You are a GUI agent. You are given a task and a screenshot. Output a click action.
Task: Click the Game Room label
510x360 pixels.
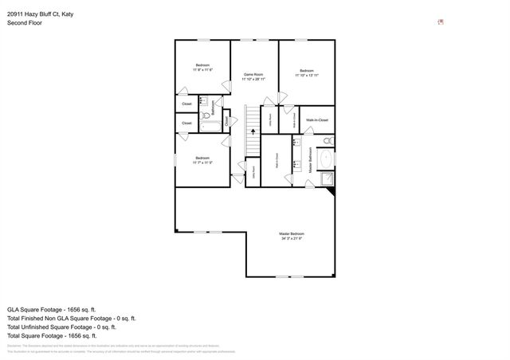point(254,74)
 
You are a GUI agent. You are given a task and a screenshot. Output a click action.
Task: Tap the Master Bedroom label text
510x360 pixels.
point(292,233)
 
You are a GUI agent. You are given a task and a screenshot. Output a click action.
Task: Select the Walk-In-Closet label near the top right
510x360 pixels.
point(316,119)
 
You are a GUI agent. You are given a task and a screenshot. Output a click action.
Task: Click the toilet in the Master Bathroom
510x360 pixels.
point(329,142)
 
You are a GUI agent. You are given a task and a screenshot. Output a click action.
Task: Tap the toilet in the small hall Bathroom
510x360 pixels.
point(202,101)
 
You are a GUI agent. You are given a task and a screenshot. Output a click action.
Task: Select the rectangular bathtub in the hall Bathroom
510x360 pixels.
point(210,124)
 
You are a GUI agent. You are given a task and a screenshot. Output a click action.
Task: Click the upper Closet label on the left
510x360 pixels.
point(186,104)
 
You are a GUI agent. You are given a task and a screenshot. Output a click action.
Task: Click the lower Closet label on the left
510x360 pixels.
point(186,123)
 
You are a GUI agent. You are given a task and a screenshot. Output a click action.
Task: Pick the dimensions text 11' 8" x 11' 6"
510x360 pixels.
point(202,70)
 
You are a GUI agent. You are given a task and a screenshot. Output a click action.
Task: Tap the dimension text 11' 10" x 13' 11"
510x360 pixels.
point(306,76)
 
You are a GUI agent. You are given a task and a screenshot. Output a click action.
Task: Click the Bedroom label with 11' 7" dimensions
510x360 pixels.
point(202,158)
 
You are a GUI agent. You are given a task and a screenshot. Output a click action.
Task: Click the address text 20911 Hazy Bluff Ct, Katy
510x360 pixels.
point(41,14)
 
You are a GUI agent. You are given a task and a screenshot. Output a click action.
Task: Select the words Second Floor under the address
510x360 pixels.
point(25,23)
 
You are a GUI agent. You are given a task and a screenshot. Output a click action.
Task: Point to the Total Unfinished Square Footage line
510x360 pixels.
point(61,327)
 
